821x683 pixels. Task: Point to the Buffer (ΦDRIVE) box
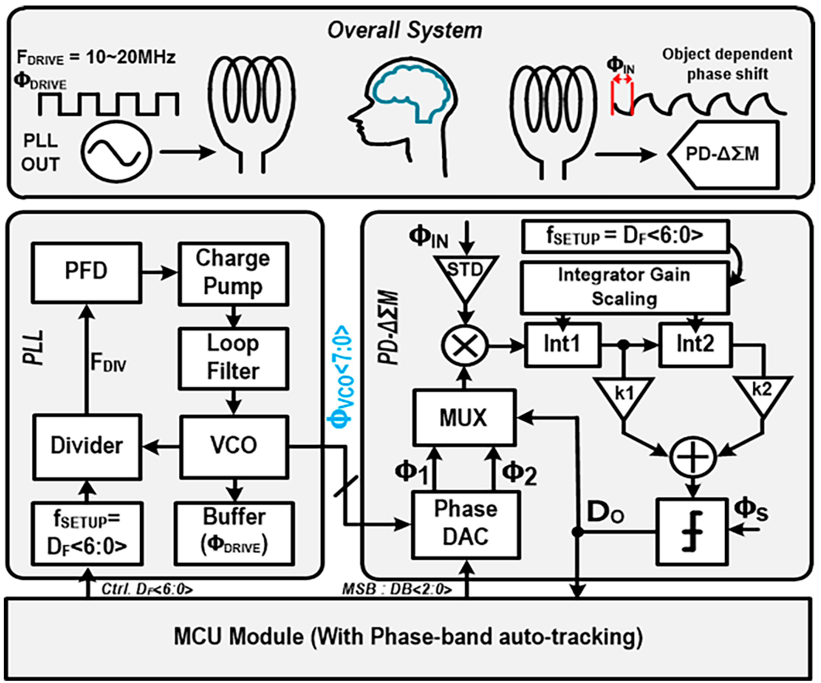coord(234,533)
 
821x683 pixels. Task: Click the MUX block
coord(464,417)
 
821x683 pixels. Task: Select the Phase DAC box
coord(465,524)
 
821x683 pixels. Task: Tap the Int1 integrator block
coord(562,345)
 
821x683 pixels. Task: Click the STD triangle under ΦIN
coord(465,274)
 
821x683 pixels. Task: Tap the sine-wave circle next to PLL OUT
coord(116,152)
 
